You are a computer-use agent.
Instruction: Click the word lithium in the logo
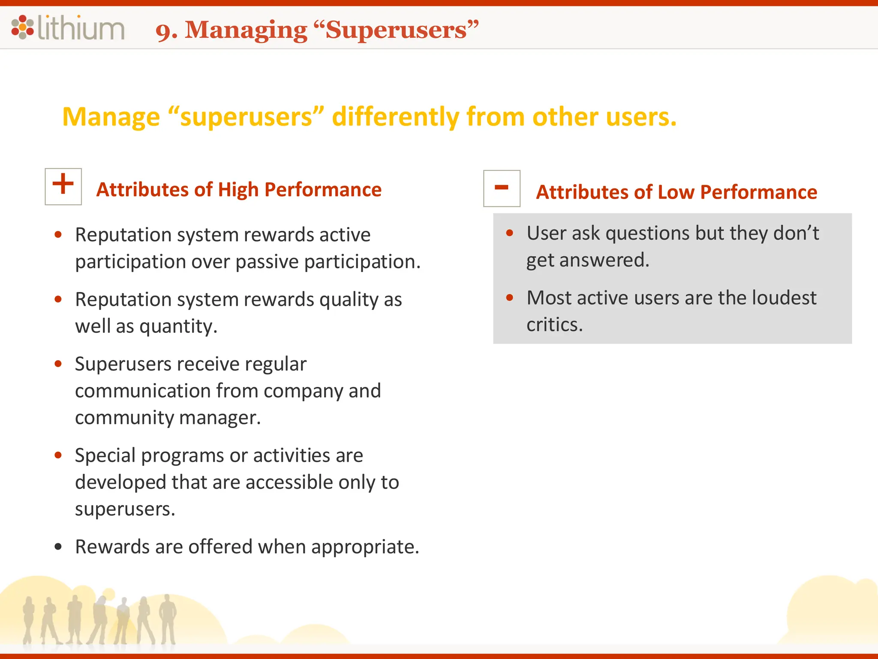click(81, 28)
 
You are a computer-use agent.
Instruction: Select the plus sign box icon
click(63, 187)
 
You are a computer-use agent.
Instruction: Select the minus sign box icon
click(502, 188)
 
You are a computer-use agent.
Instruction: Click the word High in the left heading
click(238, 190)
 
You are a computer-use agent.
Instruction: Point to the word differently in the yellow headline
click(396, 117)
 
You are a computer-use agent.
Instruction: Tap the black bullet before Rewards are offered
click(58, 547)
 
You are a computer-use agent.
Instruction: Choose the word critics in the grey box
click(554, 325)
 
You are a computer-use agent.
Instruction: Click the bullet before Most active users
click(510, 297)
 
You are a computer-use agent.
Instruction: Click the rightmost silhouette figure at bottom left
click(168, 620)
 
